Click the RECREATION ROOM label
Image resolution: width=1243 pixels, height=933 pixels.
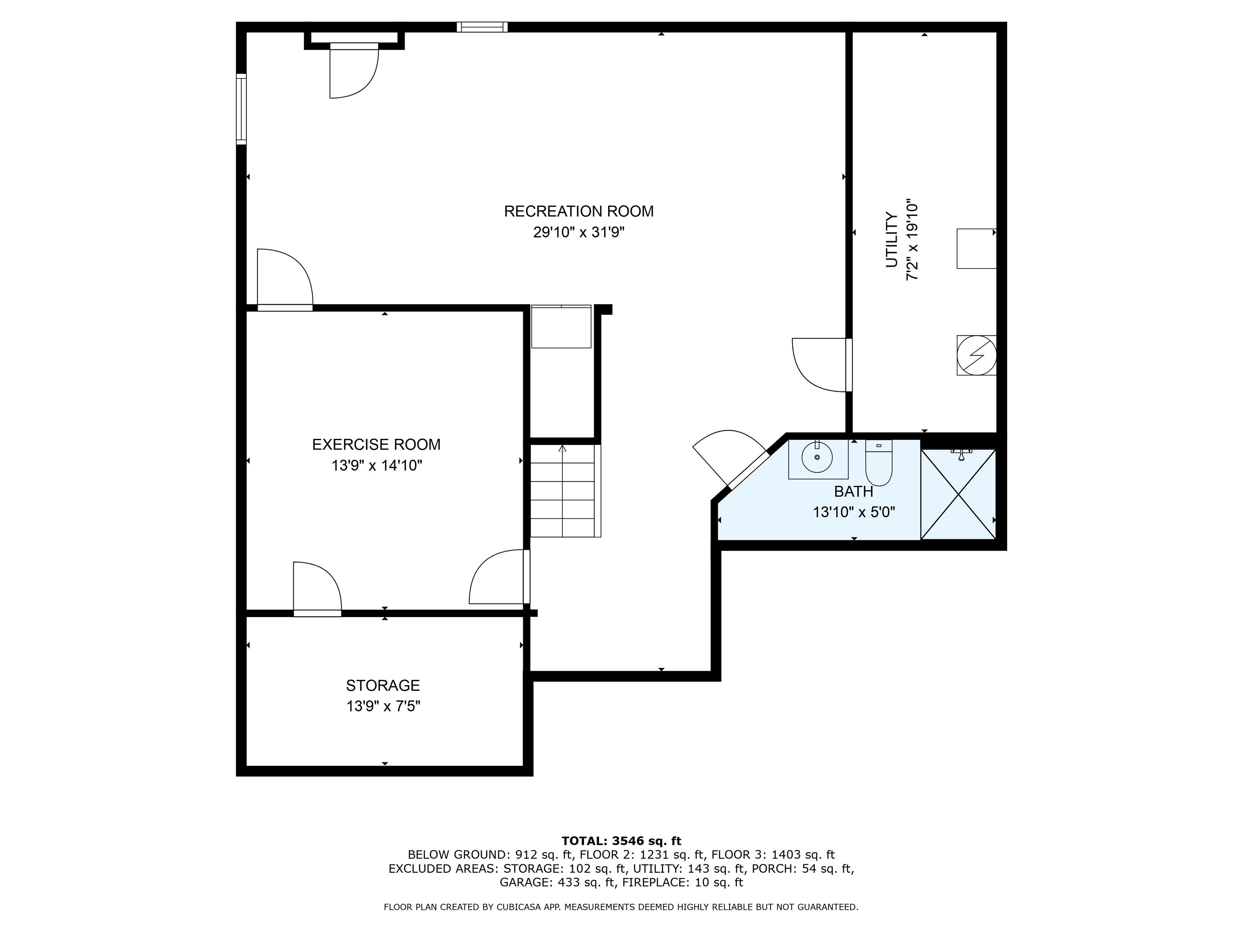tap(578, 211)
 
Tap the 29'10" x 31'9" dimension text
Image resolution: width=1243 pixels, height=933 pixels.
tap(578, 232)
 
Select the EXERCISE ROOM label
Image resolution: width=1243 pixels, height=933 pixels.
tap(376, 444)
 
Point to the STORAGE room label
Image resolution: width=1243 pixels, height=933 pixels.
tap(383, 685)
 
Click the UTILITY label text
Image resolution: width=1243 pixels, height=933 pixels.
tap(891, 240)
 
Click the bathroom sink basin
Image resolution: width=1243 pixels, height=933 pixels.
tap(817, 457)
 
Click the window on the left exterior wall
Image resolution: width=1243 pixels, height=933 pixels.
tap(241, 109)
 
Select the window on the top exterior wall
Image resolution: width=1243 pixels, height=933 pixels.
tap(482, 26)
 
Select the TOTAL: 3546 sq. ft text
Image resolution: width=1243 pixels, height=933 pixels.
tap(621, 841)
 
